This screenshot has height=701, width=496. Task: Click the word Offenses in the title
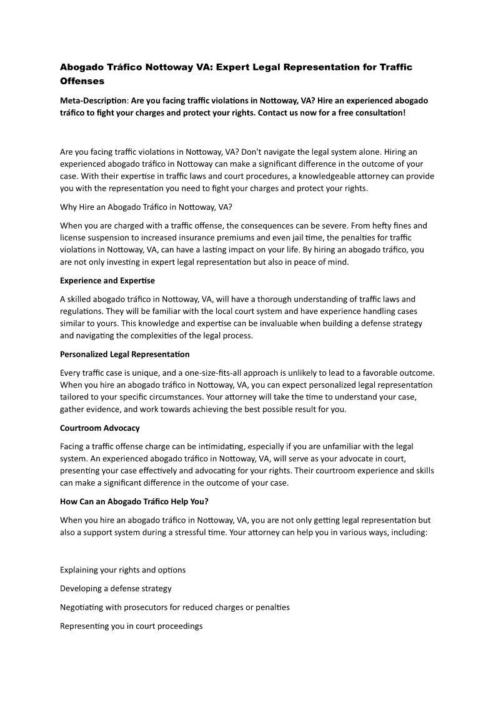click(82, 81)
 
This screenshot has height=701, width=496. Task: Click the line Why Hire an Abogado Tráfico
click(146, 207)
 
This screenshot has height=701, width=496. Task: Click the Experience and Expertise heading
click(107, 280)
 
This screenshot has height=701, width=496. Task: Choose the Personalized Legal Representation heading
click(125, 354)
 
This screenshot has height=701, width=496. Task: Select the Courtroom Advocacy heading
click(100, 428)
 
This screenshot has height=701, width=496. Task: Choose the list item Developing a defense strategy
click(116, 588)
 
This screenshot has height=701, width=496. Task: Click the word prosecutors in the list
click(137, 607)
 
